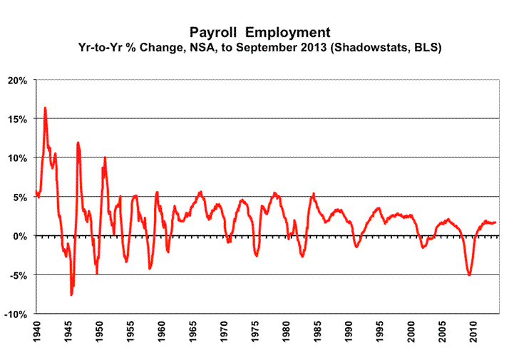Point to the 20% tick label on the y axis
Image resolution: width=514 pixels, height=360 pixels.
pos(17,80)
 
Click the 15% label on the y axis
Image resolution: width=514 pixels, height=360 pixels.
pos(17,119)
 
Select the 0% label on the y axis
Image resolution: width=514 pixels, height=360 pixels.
pos(19,236)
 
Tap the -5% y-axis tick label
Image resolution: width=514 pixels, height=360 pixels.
pos(17,275)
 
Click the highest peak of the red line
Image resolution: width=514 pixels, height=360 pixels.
pos(45,108)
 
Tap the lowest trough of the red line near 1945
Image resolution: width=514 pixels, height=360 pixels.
pos(71,294)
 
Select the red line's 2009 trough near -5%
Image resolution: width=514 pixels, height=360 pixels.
pos(469,274)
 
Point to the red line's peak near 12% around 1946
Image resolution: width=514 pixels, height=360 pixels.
pos(78,143)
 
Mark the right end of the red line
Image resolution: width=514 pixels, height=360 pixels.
pos(495,222)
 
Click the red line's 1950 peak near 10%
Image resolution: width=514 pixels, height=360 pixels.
pos(105,158)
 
